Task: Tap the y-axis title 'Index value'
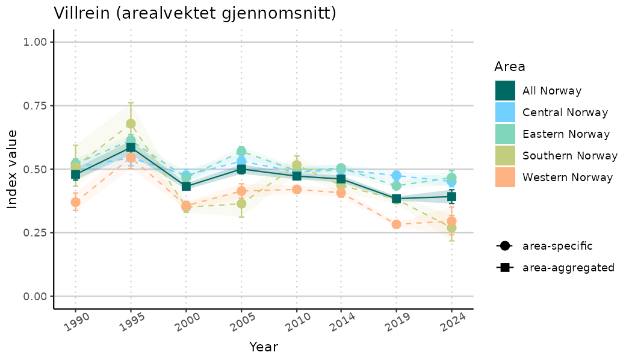click(13, 169)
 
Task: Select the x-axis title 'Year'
click(263, 347)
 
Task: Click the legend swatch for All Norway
click(506, 91)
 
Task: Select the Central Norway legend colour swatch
click(506, 113)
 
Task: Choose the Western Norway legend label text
click(568, 177)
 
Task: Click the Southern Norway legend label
click(570, 156)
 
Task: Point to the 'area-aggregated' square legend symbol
click(504, 267)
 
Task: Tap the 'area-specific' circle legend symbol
click(504, 245)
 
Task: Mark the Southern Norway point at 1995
click(131, 124)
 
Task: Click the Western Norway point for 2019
click(396, 224)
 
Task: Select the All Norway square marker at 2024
click(451, 197)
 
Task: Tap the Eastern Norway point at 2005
click(241, 151)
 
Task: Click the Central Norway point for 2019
click(396, 176)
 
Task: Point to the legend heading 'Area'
click(510, 66)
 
